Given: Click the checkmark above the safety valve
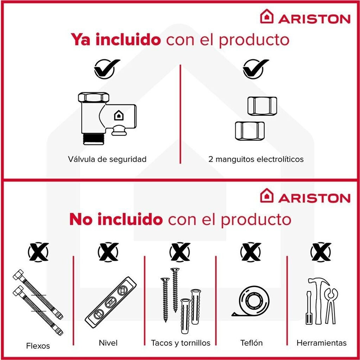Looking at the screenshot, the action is [107, 69].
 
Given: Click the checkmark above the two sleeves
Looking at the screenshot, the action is [255, 69].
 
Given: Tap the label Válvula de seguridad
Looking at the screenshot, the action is [107, 159].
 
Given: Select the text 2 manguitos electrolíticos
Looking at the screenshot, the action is [256, 159].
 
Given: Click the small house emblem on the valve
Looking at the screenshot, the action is [119, 115].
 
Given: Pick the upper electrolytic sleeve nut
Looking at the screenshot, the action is [262, 106].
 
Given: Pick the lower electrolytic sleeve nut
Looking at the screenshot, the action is [250, 131].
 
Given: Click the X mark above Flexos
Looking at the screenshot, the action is [38, 252].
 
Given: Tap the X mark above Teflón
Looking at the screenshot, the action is [251, 252].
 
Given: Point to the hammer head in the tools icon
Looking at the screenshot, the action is [319, 282].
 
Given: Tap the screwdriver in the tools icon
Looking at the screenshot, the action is [309, 308].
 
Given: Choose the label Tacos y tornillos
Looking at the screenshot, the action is [181, 343].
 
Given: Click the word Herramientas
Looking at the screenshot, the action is [321, 343].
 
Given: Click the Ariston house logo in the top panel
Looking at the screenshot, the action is [267, 16].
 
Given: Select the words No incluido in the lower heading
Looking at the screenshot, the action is [116, 219].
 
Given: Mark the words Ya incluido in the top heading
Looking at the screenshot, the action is [116, 39].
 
